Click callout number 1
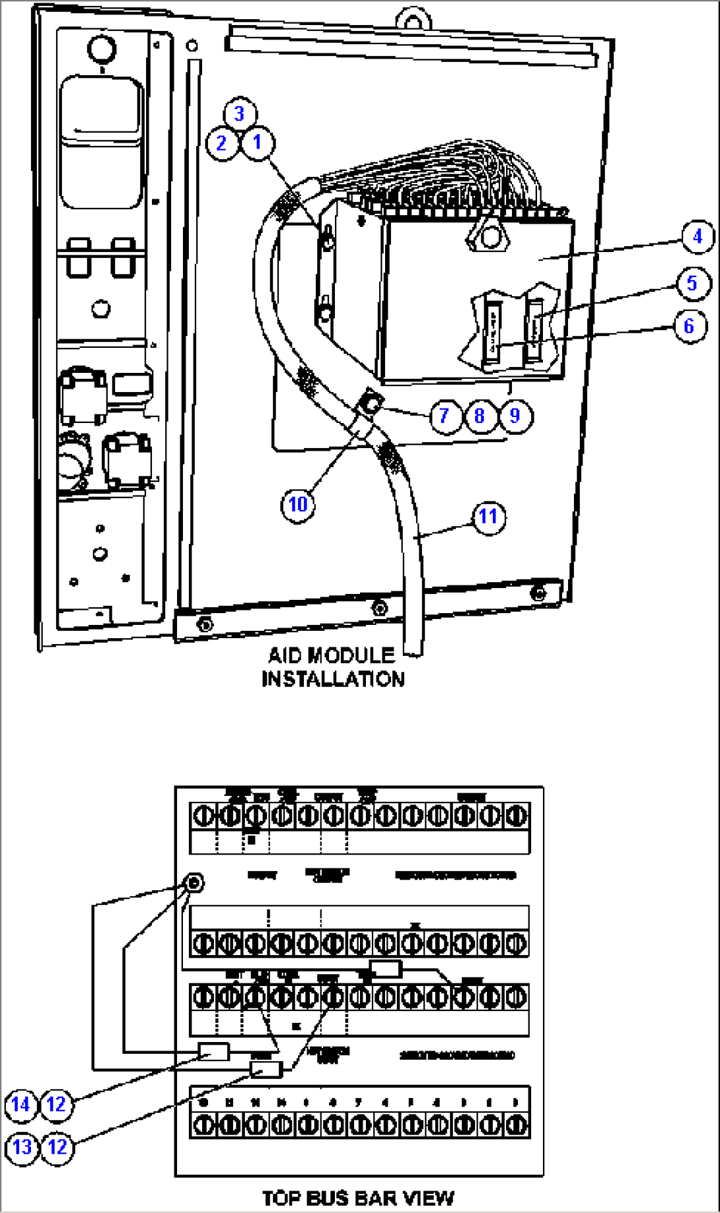(x=258, y=142)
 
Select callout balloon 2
(x=222, y=143)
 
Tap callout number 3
(x=239, y=114)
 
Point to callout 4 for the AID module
(x=697, y=236)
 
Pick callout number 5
(x=692, y=283)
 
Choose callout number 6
(x=689, y=325)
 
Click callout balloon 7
(x=445, y=416)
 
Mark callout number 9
(x=515, y=416)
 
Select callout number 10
(x=298, y=505)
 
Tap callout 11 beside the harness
(x=488, y=517)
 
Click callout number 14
(x=21, y=1104)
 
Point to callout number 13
(x=22, y=1146)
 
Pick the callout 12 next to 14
(x=57, y=1104)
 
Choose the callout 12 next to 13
(x=57, y=1146)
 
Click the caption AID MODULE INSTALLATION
(x=332, y=667)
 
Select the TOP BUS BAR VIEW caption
(x=358, y=1197)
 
